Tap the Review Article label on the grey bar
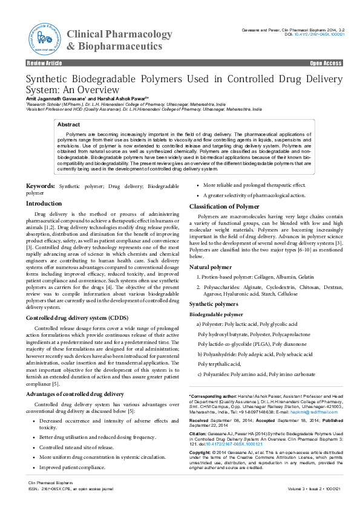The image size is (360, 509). (x=44, y=63)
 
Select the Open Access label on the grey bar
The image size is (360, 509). (x=326, y=63)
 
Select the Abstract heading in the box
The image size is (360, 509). (x=68, y=124)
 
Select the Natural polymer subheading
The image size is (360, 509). (x=211, y=267)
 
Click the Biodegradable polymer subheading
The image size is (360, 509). (x=216, y=315)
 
